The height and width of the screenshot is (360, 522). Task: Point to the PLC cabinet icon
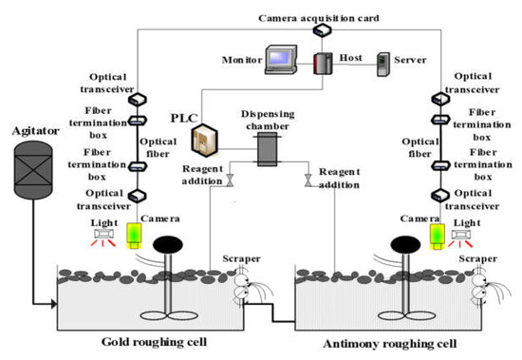[x=206, y=141]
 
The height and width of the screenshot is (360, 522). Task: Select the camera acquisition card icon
[x=324, y=30]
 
